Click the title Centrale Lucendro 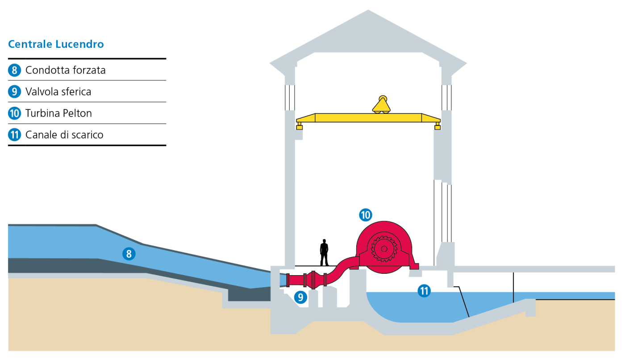(56, 44)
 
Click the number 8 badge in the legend (15, 70)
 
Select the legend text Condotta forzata (65, 70)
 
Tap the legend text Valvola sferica (58, 92)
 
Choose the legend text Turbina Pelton (58, 113)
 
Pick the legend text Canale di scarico (64, 135)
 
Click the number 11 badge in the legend (15, 135)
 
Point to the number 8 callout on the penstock (129, 254)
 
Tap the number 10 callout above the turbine (366, 215)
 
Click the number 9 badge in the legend (15, 92)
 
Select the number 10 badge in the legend (15, 113)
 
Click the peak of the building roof (368, 11)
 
